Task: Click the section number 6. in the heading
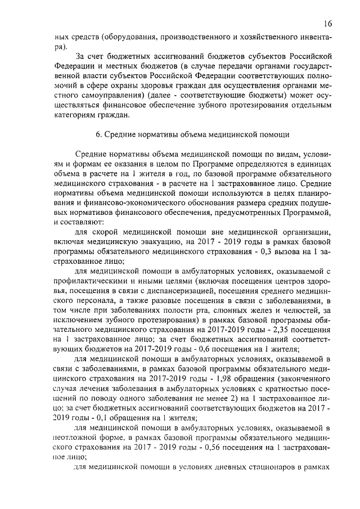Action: coord(98,135)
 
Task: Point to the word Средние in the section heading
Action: coord(121,135)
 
